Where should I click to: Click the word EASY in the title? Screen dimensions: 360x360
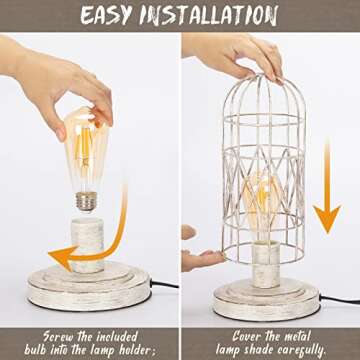coord(118,15)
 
